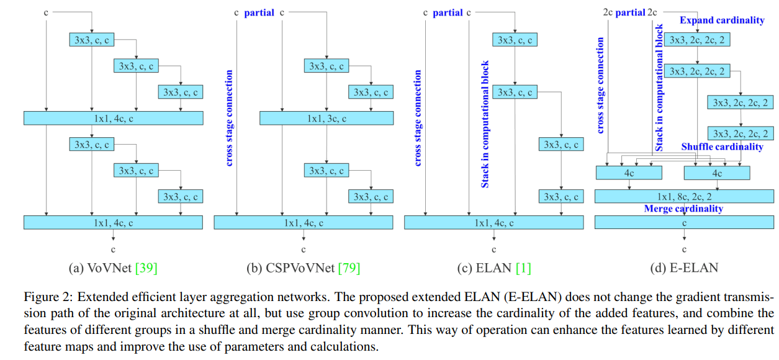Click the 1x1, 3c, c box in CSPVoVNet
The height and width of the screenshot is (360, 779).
(x=326, y=118)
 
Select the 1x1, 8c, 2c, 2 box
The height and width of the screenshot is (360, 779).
(x=684, y=196)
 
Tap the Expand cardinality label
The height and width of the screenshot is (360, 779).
(x=721, y=20)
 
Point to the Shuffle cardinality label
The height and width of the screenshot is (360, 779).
(x=722, y=147)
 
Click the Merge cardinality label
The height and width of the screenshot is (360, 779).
(x=683, y=209)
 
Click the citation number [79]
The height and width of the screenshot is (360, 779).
(x=349, y=268)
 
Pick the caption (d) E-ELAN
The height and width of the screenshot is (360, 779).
(x=683, y=268)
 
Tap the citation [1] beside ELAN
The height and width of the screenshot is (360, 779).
(x=523, y=268)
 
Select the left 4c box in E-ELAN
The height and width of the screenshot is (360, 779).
(x=629, y=173)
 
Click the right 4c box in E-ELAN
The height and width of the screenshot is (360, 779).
(x=717, y=173)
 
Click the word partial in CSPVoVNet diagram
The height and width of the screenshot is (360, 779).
(x=259, y=12)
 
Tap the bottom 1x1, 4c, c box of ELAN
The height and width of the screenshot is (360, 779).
(x=493, y=222)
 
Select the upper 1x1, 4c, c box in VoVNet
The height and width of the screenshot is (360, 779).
(x=113, y=118)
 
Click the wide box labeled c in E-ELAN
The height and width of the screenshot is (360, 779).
(x=684, y=222)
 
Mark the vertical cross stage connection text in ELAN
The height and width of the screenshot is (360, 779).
(x=418, y=118)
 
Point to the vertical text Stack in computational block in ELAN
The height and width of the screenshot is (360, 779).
(x=485, y=124)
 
